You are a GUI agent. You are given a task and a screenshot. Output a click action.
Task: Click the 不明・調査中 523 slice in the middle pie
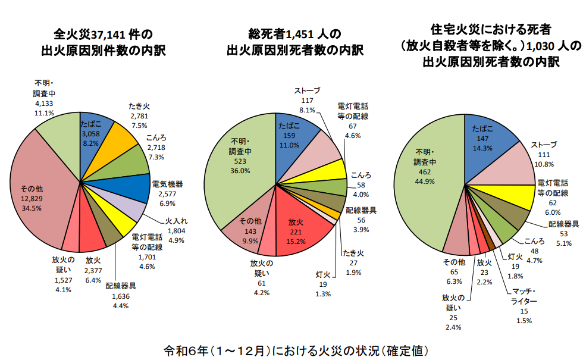[241, 157]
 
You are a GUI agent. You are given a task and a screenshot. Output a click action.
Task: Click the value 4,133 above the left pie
[45, 103]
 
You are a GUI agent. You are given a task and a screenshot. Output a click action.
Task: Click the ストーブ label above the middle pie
[308, 90]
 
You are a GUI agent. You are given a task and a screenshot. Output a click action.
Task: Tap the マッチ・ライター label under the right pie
[524, 296]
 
